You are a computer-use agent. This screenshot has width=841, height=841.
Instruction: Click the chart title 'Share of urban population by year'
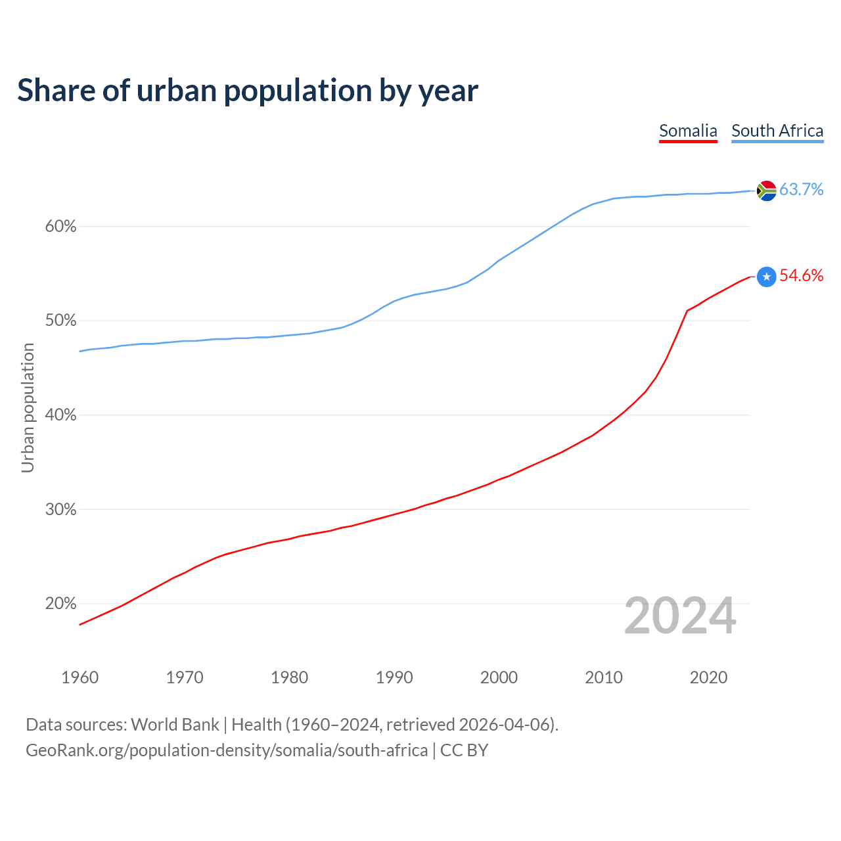248,91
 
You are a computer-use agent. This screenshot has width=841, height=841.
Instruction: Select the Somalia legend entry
688,131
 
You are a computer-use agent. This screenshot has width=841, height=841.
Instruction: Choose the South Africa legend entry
777,131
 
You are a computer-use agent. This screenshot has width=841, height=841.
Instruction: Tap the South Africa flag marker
766,191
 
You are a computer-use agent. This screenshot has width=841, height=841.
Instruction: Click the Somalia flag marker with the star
766,277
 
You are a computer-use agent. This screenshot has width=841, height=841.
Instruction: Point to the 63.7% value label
801,190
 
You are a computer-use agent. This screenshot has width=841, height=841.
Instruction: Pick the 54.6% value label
801,275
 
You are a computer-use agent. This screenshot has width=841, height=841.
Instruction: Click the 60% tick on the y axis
60,227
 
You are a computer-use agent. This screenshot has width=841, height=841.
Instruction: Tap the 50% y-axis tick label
60,321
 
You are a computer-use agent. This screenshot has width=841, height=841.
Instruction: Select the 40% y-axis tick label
60,415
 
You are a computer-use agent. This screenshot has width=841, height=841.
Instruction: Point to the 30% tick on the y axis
60,509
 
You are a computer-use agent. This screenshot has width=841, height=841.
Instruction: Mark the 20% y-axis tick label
60,604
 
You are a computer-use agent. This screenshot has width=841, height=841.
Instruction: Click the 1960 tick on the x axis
80,677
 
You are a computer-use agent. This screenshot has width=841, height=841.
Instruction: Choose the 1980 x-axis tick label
289,677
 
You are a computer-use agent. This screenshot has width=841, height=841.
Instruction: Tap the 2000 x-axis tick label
499,677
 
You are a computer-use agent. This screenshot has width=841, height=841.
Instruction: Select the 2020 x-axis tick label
708,677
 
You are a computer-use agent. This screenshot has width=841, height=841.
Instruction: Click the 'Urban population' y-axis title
28,407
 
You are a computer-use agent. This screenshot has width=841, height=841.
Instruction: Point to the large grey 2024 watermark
680,616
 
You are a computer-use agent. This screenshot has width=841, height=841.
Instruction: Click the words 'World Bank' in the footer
175,725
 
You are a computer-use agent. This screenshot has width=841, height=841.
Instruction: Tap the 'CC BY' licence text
464,750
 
